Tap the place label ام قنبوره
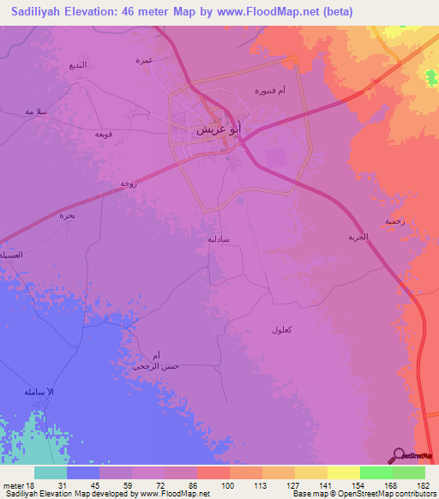pos(270,89)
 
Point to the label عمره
pos(143,60)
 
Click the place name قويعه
pos(105,134)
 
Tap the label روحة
pos(128,183)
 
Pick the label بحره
pos(68,216)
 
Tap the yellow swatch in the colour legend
pos(343,472)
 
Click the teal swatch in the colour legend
pos(51,472)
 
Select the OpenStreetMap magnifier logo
pos(398,455)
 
